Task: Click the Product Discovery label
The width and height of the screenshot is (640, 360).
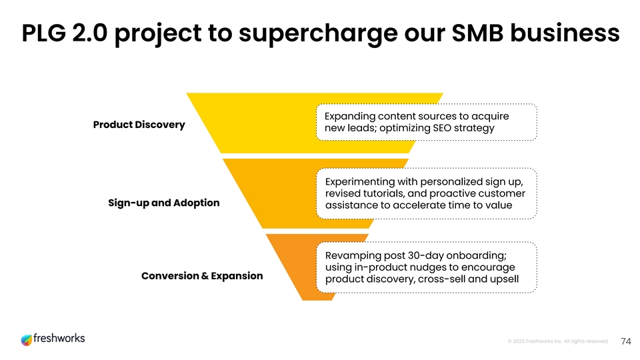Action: point(139,125)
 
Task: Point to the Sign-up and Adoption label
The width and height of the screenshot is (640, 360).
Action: point(163,203)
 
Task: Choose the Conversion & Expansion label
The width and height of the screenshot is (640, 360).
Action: point(202,275)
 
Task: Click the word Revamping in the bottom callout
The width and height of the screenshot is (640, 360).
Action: point(354,256)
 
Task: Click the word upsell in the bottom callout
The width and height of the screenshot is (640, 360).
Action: point(502,279)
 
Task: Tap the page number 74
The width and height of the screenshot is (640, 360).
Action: point(625,341)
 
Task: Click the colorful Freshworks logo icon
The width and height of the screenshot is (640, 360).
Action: point(26,340)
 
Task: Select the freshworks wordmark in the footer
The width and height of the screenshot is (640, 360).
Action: point(59,339)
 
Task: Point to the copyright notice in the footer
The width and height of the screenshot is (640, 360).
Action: point(558,341)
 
